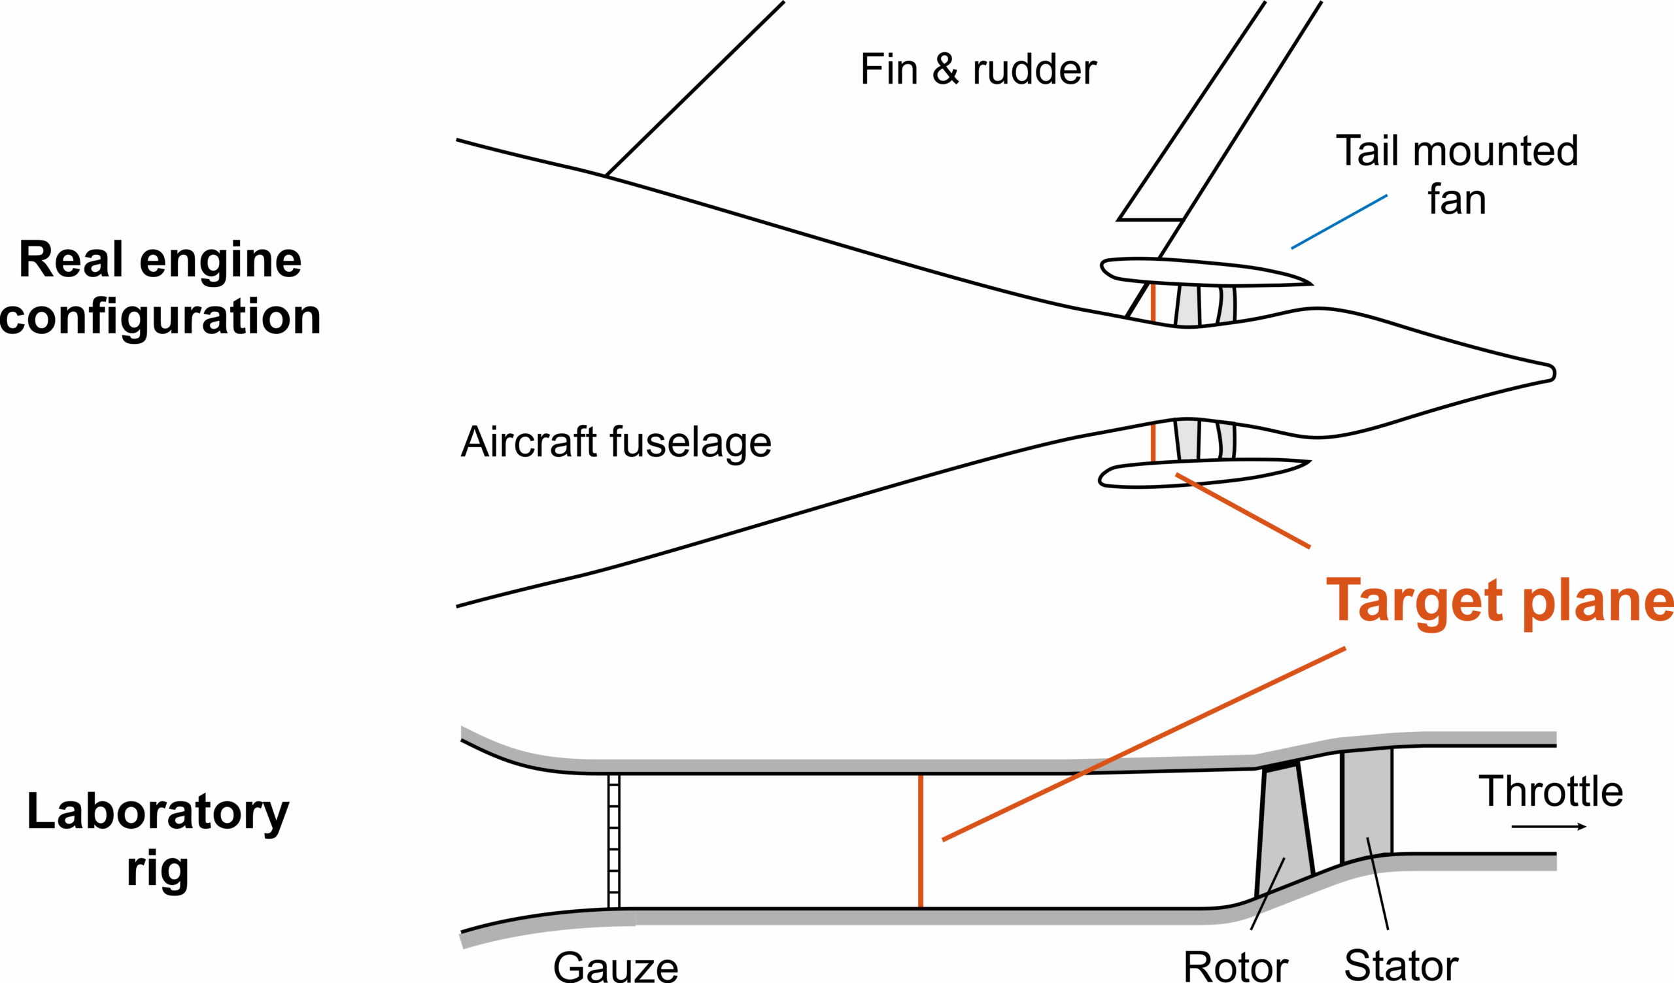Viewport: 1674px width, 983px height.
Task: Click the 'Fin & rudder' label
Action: (978, 69)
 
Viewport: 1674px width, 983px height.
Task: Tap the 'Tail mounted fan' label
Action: (1457, 174)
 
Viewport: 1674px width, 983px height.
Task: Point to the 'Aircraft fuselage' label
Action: (616, 442)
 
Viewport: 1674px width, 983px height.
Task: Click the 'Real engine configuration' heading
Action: (160, 288)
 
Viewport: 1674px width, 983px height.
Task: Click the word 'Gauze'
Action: (615, 967)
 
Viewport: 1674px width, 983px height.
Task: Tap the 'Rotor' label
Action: (1236, 967)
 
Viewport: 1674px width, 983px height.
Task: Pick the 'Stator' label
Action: (1401, 966)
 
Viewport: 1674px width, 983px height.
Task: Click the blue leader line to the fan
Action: (1339, 222)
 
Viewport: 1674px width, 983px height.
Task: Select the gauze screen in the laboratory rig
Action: (614, 841)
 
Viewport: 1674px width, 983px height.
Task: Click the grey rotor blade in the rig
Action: (1285, 830)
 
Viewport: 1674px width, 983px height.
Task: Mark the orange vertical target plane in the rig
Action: (920, 841)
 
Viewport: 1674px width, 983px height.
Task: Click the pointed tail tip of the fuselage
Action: (1552, 373)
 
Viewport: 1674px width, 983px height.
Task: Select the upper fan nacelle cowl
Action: (1196, 272)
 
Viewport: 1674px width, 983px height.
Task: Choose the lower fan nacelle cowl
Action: (1196, 473)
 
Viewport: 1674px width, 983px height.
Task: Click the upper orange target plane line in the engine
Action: (1153, 303)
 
